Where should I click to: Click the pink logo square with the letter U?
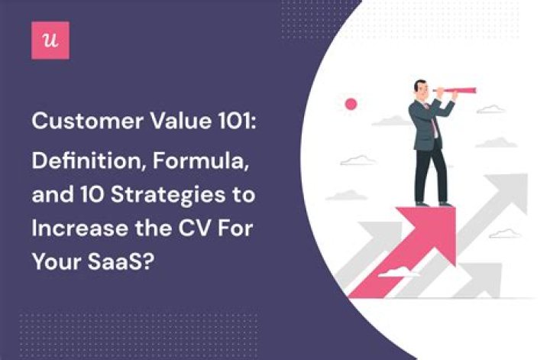[50, 40]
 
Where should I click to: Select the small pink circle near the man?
[351, 104]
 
